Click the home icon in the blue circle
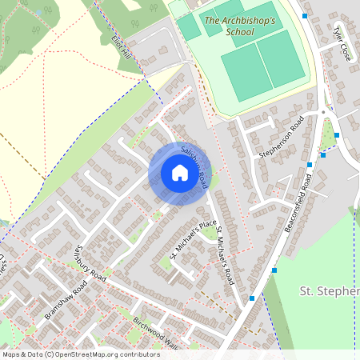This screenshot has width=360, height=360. (179, 173)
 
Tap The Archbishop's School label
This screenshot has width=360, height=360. (240, 26)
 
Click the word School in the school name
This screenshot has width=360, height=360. (240, 32)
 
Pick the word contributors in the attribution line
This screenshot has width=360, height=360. (138, 354)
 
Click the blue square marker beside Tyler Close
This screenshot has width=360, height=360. (305, 15)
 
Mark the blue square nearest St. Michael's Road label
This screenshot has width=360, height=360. (251, 298)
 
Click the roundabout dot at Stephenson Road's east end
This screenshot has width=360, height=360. (322, 112)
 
